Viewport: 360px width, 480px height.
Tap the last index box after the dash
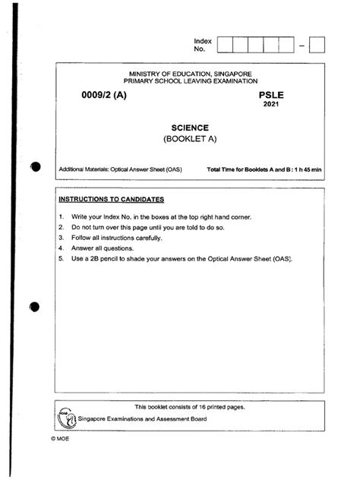coord(317,44)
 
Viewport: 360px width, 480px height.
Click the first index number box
coord(226,44)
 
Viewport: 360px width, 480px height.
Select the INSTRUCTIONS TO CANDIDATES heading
coord(111,199)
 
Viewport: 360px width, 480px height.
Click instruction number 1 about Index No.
coord(165,216)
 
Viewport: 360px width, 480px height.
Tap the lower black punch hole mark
coord(33,308)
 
